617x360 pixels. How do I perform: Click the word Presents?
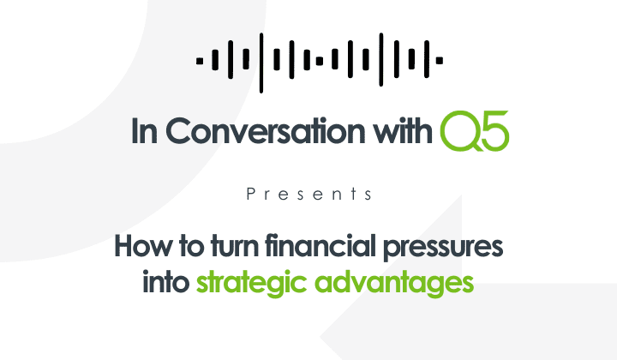coord(309,195)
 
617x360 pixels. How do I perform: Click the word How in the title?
coord(138,246)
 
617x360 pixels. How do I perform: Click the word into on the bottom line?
coord(166,282)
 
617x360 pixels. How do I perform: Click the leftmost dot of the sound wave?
coord(199,61)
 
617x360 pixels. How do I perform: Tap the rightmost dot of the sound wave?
coord(440,61)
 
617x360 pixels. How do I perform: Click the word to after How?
coord(183,247)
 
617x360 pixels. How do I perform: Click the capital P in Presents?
coord(250,195)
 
